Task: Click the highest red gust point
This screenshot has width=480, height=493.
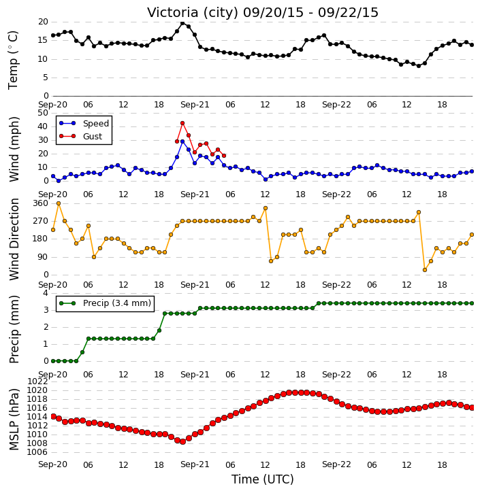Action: click(x=182, y=123)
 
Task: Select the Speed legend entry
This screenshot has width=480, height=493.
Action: click(x=84, y=124)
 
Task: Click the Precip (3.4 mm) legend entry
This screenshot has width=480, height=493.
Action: click(x=105, y=303)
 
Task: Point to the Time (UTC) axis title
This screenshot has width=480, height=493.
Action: click(x=263, y=479)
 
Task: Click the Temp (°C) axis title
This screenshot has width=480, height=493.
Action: click(x=13, y=60)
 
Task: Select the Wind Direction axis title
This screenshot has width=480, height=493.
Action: click(x=14, y=239)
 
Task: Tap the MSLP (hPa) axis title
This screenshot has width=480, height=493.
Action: click(x=14, y=420)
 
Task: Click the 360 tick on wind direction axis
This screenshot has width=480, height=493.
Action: click(x=40, y=203)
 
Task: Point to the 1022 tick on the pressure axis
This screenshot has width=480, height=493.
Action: click(x=37, y=381)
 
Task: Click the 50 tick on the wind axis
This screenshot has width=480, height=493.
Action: click(x=43, y=113)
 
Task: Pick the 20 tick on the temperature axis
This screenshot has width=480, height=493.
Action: click(x=43, y=22)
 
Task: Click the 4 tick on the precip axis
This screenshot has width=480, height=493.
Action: click(x=46, y=293)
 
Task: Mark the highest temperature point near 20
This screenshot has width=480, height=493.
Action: click(x=182, y=23)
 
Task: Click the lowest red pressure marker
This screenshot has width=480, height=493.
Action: click(x=182, y=441)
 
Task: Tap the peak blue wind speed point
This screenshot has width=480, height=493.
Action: click(x=182, y=142)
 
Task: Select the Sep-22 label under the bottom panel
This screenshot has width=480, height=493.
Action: click(x=336, y=464)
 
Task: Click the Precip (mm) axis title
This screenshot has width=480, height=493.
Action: click(x=14, y=330)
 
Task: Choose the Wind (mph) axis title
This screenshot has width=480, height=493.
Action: click(x=14, y=150)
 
